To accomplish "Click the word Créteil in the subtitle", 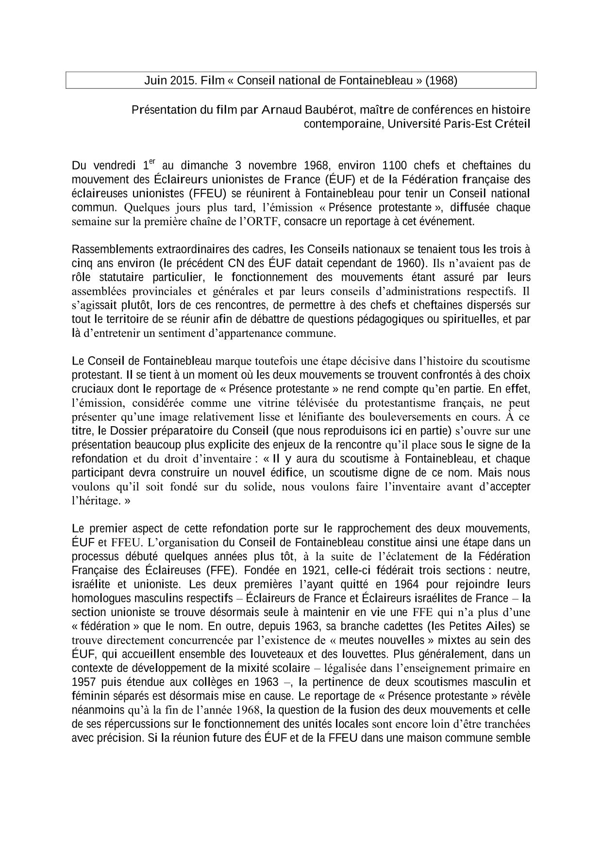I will click(x=512, y=124).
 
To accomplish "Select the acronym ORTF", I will click(x=264, y=222).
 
